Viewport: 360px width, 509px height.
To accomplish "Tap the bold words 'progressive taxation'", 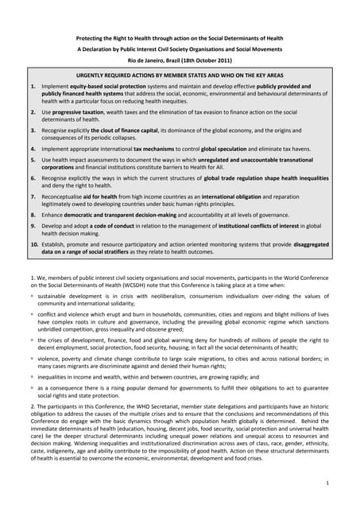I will [x=78, y=112].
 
